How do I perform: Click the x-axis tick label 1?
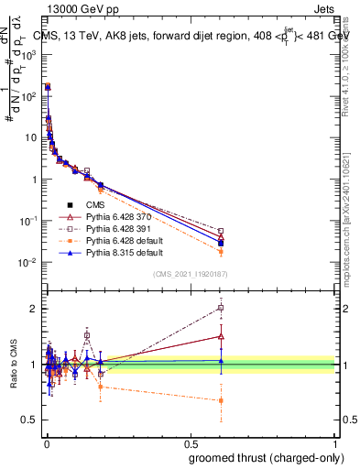point(335,442)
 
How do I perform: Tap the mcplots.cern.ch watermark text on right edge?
point(353,211)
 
